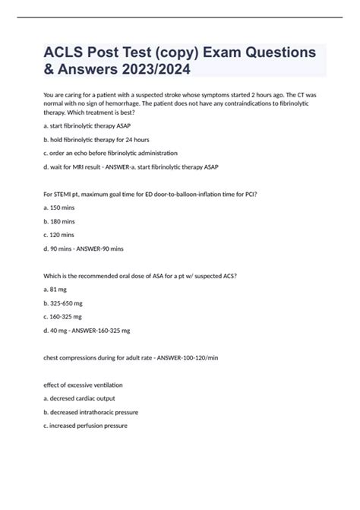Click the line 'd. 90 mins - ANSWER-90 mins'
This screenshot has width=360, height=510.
[x=84, y=248]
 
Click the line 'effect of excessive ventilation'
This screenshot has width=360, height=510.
[x=84, y=385]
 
